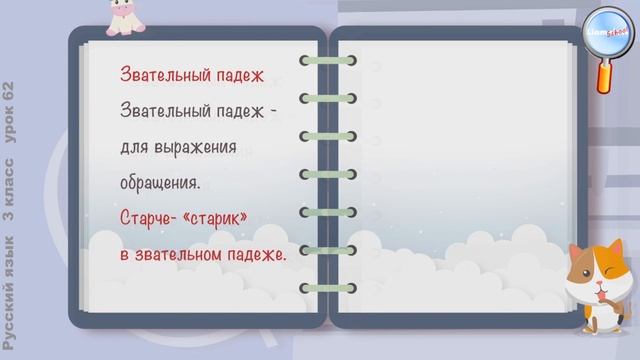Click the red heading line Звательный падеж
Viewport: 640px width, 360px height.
[191, 75]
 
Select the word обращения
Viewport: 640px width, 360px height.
[159, 184]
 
